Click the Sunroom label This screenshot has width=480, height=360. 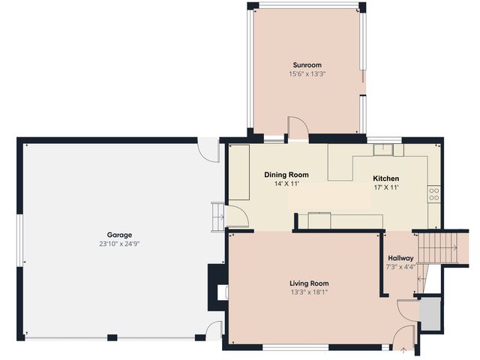307,65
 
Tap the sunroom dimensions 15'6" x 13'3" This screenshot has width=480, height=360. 307,73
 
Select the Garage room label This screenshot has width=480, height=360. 119,235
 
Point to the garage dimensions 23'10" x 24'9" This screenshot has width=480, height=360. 119,244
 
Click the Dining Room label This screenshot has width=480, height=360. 286,175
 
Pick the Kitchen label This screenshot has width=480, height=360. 385,178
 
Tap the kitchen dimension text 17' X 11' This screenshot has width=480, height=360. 386,187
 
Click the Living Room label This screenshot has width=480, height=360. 309,283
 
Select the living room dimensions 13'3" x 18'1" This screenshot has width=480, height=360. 309,292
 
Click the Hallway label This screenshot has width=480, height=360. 400,258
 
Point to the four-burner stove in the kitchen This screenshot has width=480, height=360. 434,194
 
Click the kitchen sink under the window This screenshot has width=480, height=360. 383,150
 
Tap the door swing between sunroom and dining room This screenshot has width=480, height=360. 298,128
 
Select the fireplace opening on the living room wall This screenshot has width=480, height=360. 222,292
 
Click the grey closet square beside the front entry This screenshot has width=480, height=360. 430,314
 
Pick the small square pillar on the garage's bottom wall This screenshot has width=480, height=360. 112,337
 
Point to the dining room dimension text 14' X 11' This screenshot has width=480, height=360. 286,184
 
